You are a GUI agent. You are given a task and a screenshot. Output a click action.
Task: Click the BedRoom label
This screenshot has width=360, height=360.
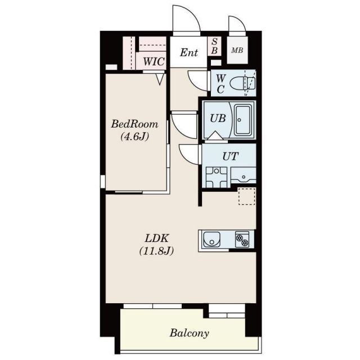[x=134, y=124]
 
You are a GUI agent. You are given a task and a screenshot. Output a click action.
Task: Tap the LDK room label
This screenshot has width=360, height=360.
[x=156, y=238]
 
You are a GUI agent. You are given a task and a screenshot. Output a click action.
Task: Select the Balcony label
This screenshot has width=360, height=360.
[x=190, y=333]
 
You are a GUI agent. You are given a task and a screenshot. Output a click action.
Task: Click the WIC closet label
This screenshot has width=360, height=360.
[x=154, y=61]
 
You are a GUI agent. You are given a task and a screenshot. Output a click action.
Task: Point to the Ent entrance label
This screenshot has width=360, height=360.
[x=189, y=52]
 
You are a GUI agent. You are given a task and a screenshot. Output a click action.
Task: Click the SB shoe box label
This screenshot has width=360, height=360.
[x=214, y=46]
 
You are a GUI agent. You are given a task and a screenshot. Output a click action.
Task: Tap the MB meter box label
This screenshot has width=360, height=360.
[x=237, y=50]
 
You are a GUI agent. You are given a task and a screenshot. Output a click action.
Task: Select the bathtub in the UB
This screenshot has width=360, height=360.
[x=244, y=120]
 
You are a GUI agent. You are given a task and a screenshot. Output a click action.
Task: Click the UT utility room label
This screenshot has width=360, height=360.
[x=230, y=156]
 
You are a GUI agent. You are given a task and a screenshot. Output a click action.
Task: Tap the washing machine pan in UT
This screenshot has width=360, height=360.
[x=217, y=177]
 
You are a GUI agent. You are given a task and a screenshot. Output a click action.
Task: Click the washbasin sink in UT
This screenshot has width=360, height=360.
[x=244, y=175]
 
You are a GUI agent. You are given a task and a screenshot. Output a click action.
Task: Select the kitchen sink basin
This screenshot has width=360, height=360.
[x=211, y=239]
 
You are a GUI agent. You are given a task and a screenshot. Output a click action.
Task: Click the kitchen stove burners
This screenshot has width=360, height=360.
[x=242, y=239]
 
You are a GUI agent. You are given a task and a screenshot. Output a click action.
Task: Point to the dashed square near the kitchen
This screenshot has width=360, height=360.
[x=246, y=196]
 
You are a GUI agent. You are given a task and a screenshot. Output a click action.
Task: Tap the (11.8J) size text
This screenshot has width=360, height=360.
[x=156, y=251]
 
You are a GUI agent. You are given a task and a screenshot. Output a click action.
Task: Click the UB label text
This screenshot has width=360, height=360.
[x=218, y=118]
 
